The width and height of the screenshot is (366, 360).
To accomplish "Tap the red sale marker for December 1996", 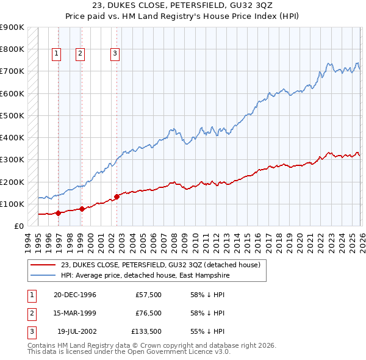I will coord(59,213).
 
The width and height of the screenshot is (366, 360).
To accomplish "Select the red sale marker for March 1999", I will coord(82,209).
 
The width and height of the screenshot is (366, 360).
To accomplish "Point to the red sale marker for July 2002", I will coord(117,196).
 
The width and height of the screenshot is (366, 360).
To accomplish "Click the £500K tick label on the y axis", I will coord(12,115).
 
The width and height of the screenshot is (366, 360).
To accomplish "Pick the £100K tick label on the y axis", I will coord(12,204).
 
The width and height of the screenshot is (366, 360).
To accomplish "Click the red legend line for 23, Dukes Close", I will coord(43,265).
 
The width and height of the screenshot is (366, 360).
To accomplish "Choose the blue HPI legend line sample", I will coord(43,275).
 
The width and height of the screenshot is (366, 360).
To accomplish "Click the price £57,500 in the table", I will coord(148,295).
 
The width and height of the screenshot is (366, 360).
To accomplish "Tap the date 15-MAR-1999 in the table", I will coord(74,313).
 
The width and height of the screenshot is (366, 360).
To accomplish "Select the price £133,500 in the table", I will coord(146,331).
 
